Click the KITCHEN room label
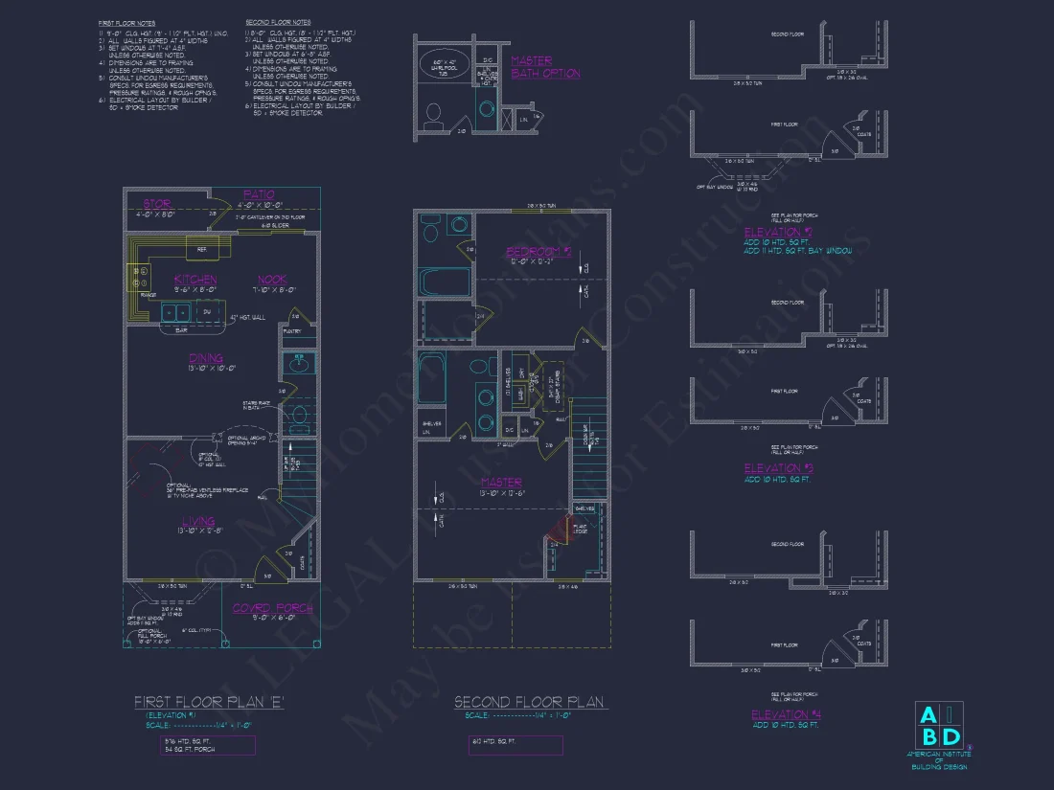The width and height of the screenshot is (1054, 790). tap(195, 279)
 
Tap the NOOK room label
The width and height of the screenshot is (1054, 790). tap(272, 279)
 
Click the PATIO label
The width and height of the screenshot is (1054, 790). tap(259, 194)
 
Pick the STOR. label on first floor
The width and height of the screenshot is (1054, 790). tap(157, 204)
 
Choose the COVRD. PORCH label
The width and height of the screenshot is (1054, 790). tap(273, 607)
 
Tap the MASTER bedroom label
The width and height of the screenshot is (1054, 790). tap(501, 482)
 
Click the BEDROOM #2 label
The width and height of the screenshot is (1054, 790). tap(538, 252)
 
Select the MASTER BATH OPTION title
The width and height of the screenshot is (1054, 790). tap(545, 67)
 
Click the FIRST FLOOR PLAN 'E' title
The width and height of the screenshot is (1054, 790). tap(209, 702)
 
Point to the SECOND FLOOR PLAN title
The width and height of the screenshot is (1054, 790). tap(529, 702)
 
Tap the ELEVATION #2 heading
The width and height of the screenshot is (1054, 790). tap(778, 232)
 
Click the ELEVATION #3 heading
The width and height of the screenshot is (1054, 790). tap(778, 468)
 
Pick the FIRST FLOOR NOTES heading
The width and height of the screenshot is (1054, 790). tap(126, 21)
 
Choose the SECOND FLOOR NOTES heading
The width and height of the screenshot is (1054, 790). tap(277, 21)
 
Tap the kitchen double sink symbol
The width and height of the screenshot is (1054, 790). tap(174, 311)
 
